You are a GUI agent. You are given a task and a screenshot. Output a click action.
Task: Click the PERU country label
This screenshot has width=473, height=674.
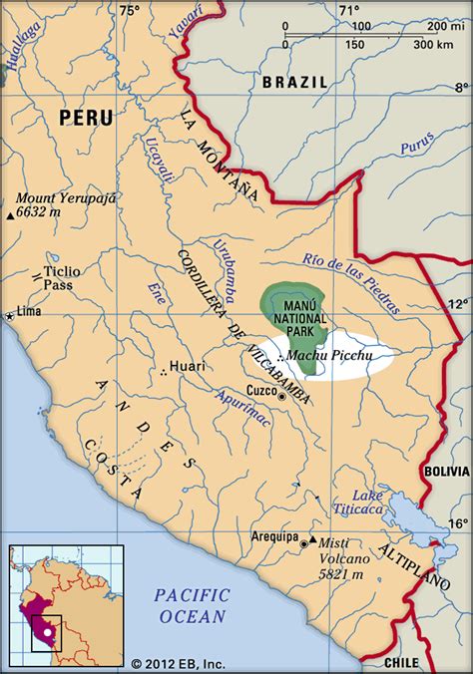click(86, 118)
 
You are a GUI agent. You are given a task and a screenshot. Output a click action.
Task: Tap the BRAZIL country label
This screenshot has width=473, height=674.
click(294, 85)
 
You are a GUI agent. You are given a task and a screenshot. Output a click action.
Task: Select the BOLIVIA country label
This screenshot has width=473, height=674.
click(444, 469)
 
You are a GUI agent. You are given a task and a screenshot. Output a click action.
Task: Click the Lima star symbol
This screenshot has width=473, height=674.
click(11, 316)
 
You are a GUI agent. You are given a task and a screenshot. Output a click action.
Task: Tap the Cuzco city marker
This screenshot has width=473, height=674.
click(281, 397)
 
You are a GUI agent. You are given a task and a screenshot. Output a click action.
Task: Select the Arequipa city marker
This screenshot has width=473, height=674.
click(302, 542)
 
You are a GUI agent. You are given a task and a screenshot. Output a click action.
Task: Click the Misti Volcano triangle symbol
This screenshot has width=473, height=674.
click(313, 540)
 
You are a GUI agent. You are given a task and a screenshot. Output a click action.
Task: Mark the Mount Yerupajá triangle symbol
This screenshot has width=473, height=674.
click(10, 214)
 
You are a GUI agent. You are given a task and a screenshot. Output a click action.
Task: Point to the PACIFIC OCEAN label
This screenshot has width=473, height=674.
click(192, 606)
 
